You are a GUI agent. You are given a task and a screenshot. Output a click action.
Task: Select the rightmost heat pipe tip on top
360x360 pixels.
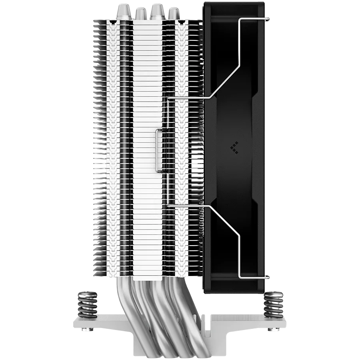pos(173,12)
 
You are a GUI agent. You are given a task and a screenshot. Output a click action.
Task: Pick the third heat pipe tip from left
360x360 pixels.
pos(157,12)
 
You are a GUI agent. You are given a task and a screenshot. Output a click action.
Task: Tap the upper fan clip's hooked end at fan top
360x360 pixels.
pos(268,18)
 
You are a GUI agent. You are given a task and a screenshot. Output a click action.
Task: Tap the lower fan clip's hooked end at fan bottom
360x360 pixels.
pos(268,277)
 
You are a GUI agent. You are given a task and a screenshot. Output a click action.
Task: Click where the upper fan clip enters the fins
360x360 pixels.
pos(170,97)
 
